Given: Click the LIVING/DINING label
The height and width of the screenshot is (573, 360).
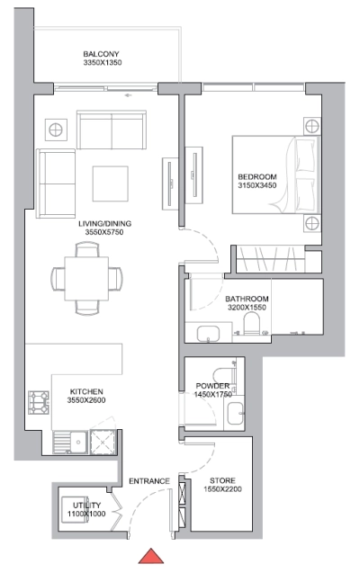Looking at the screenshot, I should (103, 224).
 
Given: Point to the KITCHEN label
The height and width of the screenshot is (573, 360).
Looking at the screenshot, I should (87, 392).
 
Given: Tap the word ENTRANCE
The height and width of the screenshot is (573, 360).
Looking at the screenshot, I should (148, 481).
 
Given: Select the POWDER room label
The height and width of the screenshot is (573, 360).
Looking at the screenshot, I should (213, 386).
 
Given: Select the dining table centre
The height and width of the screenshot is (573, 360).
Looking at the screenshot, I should (86, 276).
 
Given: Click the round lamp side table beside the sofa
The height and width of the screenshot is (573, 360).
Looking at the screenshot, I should (57, 128).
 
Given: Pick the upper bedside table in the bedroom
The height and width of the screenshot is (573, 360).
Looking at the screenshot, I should (311, 124).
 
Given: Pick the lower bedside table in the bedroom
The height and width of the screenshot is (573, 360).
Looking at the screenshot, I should (311, 223).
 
